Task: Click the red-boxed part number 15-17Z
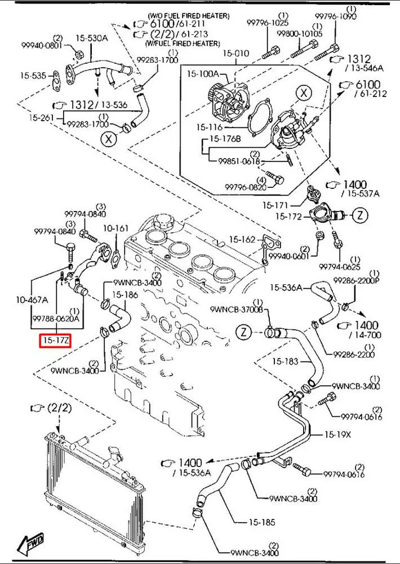[x=55, y=340]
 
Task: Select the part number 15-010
[x=235, y=53]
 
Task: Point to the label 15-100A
[x=202, y=74]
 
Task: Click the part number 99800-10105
[x=299, y=33]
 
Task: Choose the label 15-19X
[x=337, y=434]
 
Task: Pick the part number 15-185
[x=261, y=522]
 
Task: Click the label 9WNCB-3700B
[x=239, y=309]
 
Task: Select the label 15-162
[x=242, y=239]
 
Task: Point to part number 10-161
[x=115, y=228]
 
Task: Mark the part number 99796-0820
[x=246, y=187]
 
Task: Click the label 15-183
[x=285, y=361]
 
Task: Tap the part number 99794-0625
[x=340, y=267]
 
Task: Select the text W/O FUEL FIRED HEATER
[x=189, y=16]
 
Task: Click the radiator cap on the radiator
[x=114, y=452]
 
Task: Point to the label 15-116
[x=210, y=127]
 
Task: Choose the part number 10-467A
[x=32, y=299]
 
